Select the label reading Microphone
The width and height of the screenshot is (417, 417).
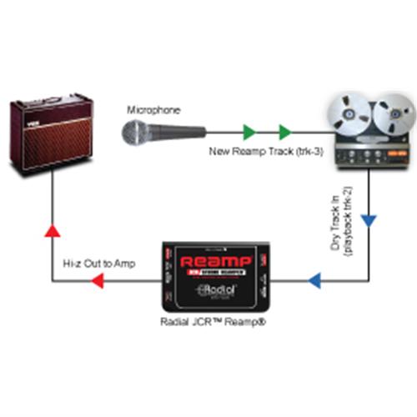point(153,110)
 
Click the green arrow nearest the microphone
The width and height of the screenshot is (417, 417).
point(249,131)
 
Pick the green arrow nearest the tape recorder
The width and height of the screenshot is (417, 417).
point(285,131)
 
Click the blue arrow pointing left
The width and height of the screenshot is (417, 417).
point(316,281)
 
